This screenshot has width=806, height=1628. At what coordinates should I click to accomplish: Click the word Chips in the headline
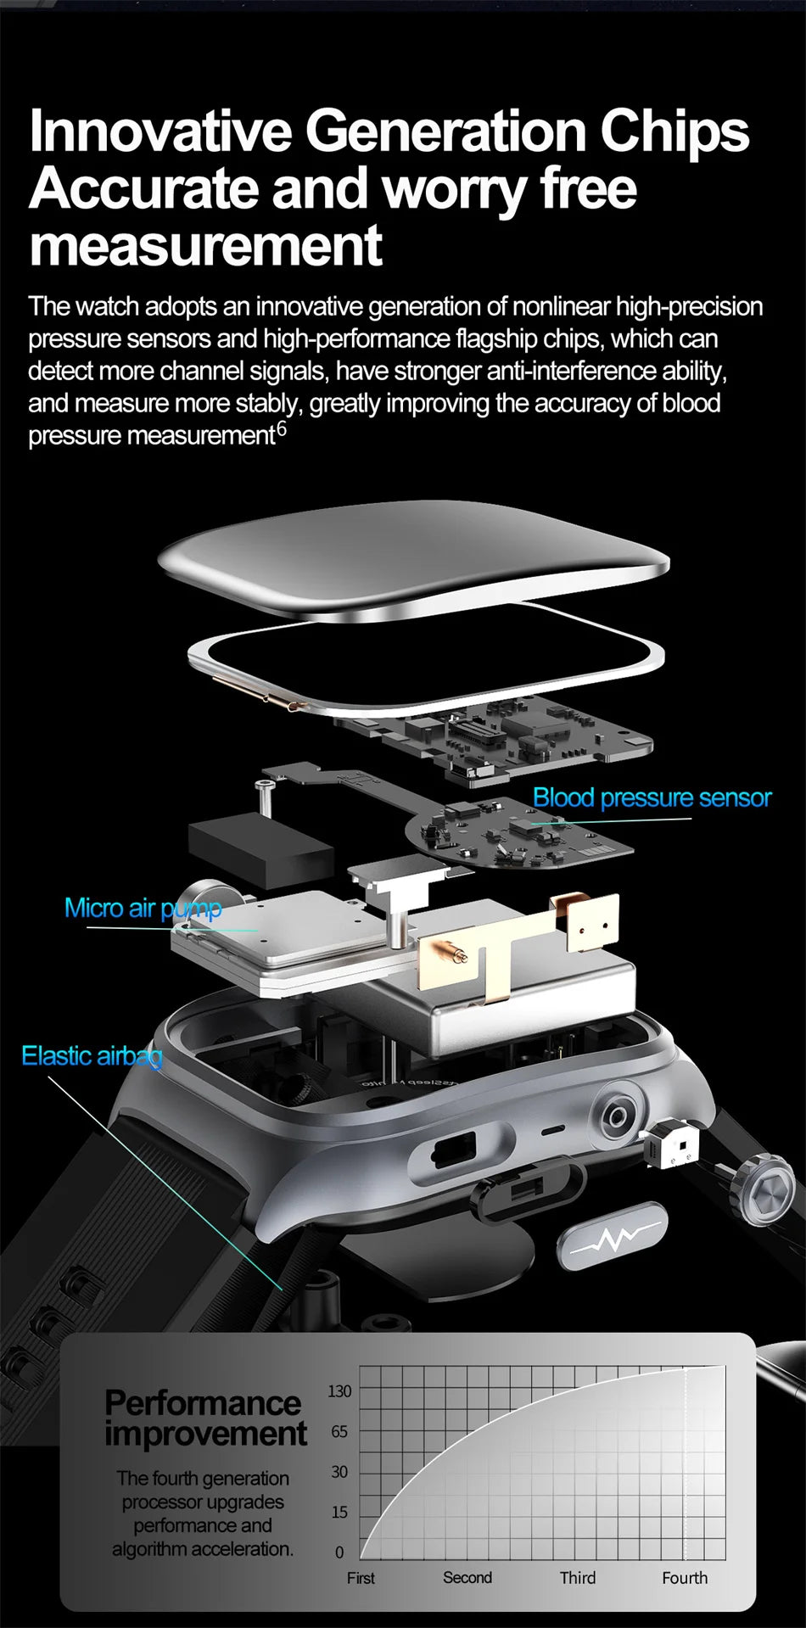[674, 131]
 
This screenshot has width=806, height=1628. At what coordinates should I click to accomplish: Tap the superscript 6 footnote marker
[282, 430]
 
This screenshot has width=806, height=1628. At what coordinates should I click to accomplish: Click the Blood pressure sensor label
[652, 797]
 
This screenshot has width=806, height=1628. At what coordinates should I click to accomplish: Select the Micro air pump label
[143, 908]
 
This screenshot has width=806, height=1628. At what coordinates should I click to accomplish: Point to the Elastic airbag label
[92, 1055]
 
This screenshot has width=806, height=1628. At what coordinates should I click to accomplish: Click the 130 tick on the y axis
[339, 1391]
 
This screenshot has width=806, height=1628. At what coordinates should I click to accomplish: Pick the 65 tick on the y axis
[339, 1432]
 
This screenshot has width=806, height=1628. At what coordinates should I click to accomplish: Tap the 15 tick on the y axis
[339, 1512]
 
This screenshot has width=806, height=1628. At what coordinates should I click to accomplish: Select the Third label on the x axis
[578, 1578]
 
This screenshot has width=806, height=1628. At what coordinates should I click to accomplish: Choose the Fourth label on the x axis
[685, 1578]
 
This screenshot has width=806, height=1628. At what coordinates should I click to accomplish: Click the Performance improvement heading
[204, 1418]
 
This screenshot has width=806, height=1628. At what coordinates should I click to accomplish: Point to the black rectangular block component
[260, 848]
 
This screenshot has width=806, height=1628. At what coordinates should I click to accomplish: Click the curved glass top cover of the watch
[413, 556]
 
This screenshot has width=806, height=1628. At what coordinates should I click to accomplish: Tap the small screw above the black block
[266, 793]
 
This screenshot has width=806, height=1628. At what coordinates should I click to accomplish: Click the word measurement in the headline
[205, 245]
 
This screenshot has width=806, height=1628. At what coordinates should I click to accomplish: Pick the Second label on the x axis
[467, 1578]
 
